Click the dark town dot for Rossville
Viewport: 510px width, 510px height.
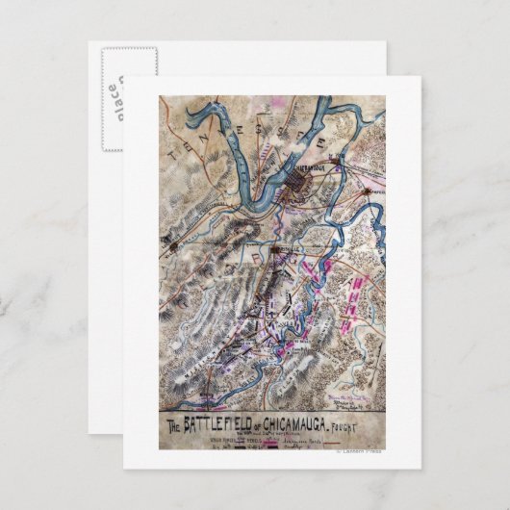(275, 252)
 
